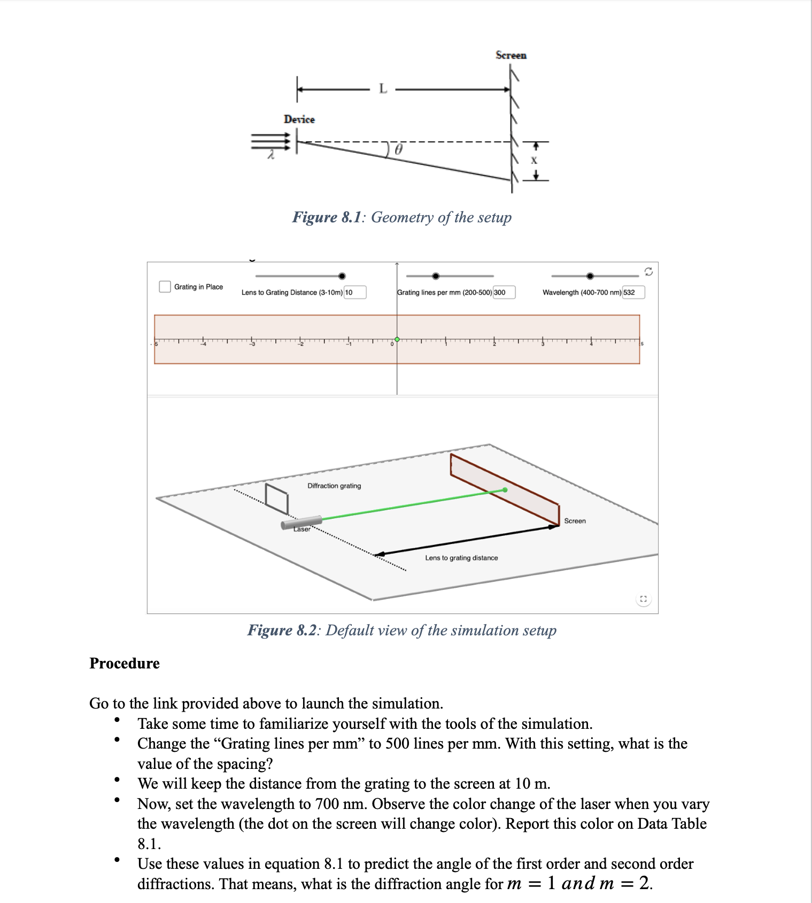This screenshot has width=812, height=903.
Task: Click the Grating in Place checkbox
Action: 165,287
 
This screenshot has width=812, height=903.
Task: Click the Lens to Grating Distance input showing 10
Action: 355,292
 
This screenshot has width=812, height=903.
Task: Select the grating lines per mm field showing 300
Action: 504,292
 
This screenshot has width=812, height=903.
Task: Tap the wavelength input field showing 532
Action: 633,292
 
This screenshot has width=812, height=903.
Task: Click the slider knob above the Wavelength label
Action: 590,276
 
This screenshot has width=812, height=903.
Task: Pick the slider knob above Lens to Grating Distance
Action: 342,276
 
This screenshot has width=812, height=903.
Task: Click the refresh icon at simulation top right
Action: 648,271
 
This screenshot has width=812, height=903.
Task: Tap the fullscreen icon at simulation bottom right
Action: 643,599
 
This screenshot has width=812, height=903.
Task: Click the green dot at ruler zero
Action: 397,339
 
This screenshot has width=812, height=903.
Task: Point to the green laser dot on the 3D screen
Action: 505,489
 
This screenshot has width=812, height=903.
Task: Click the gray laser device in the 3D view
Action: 302,523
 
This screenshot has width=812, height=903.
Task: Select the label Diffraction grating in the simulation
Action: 334,486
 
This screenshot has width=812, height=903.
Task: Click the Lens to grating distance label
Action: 461,558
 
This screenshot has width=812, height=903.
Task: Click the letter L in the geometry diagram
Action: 383,89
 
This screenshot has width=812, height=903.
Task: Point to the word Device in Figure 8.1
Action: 299,119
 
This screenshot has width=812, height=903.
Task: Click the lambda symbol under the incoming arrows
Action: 271,155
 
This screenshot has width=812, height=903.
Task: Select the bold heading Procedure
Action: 125,663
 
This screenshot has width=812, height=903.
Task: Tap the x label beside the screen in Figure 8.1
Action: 533,160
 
